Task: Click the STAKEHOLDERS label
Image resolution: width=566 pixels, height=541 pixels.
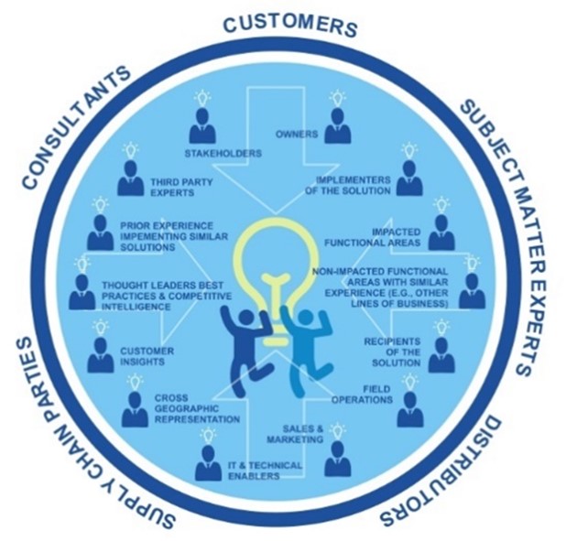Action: tap(223, 152)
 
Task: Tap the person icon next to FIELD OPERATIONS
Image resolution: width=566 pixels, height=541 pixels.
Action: tap(408, 409)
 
